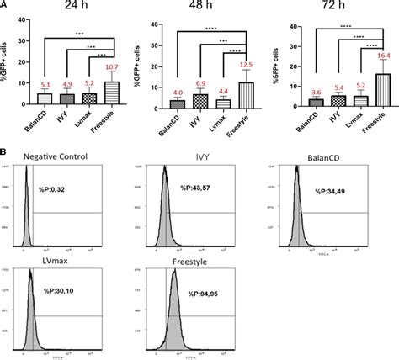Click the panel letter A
6,5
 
